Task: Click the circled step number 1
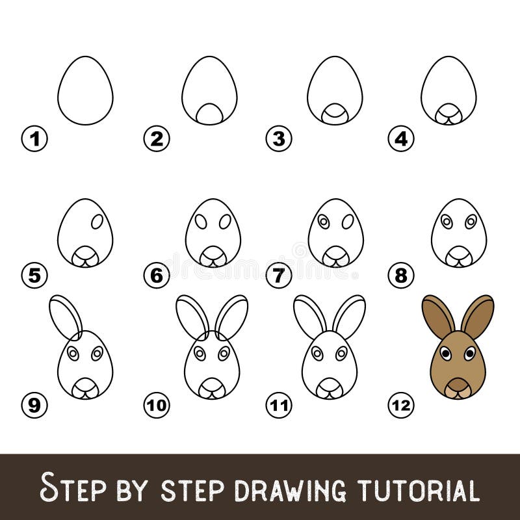(x=34, y=138)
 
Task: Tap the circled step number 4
(x=401, y=138)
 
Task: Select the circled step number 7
(x=279, y=276)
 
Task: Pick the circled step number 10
(x=157, y=406)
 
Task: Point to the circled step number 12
(x=401, y=406)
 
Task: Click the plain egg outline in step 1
(x=85, y=90)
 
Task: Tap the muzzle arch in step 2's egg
(x=209, y=114)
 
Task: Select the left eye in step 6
(x=201, y=222)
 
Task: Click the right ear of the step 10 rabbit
(x=231, y=317)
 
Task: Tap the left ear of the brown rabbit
(x=438, y=317)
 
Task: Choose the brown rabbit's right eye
(x=469, y=354)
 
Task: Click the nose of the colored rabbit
(x=458, y=383)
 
